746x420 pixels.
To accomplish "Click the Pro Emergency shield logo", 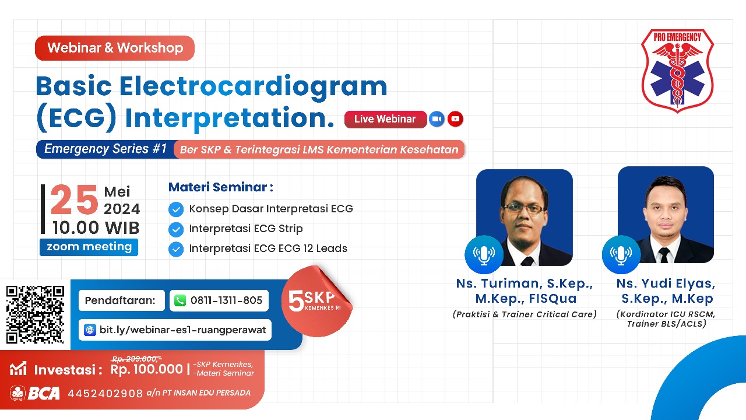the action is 677,71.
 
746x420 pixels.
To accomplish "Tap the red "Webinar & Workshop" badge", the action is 115,48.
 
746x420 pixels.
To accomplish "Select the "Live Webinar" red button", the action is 385,119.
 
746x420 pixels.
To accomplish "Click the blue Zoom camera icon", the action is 437,119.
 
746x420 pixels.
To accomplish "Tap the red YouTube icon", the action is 455,119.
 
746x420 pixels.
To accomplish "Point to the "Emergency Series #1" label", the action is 105,149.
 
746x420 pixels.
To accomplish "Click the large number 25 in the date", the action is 74,199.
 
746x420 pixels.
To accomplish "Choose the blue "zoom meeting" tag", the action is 89,247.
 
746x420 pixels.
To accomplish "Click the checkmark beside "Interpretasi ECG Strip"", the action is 176,229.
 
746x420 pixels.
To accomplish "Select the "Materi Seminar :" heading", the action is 221,187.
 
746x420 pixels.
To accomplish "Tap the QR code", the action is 35,314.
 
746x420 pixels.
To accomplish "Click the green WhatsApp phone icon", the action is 180,300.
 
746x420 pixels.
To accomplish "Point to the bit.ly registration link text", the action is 182,330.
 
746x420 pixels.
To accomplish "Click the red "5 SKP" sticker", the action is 316,302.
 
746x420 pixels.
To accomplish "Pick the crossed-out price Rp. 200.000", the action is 136,359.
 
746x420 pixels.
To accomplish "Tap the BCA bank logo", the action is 35,393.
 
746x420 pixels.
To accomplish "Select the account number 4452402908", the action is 105,394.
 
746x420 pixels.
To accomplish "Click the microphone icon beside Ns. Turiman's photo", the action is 484,254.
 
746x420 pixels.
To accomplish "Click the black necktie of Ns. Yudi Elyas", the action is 664,256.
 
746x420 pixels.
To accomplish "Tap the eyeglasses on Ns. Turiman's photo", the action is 524,209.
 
